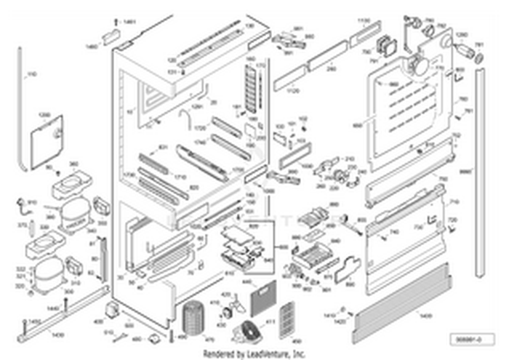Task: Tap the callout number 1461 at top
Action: (x=129, y=23)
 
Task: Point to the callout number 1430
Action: (x=57, y=335)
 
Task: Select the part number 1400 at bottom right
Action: (x=424, y=315)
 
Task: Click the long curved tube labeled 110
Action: (x=20, y=109)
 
